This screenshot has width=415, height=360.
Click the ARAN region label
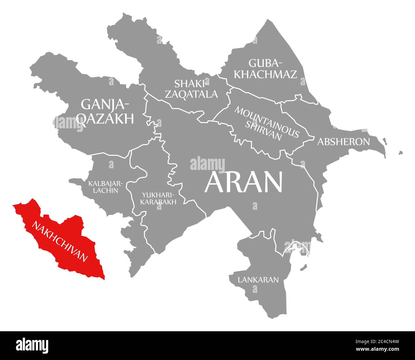tap(244, 182)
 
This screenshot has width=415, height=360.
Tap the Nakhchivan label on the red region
tap(59, 241)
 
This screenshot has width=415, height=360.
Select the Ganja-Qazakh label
tap(105, 111)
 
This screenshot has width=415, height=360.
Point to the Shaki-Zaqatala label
tap(196, 89)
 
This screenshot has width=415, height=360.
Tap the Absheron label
tap(343, 142)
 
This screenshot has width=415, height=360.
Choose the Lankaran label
tap(258, 280)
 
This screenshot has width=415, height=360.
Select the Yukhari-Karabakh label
tap(158, 198)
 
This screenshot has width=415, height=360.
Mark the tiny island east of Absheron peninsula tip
tap(400, 153)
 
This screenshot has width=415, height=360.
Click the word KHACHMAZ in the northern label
tap(265, 74)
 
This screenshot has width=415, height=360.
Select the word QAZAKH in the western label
tap(106, 119)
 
